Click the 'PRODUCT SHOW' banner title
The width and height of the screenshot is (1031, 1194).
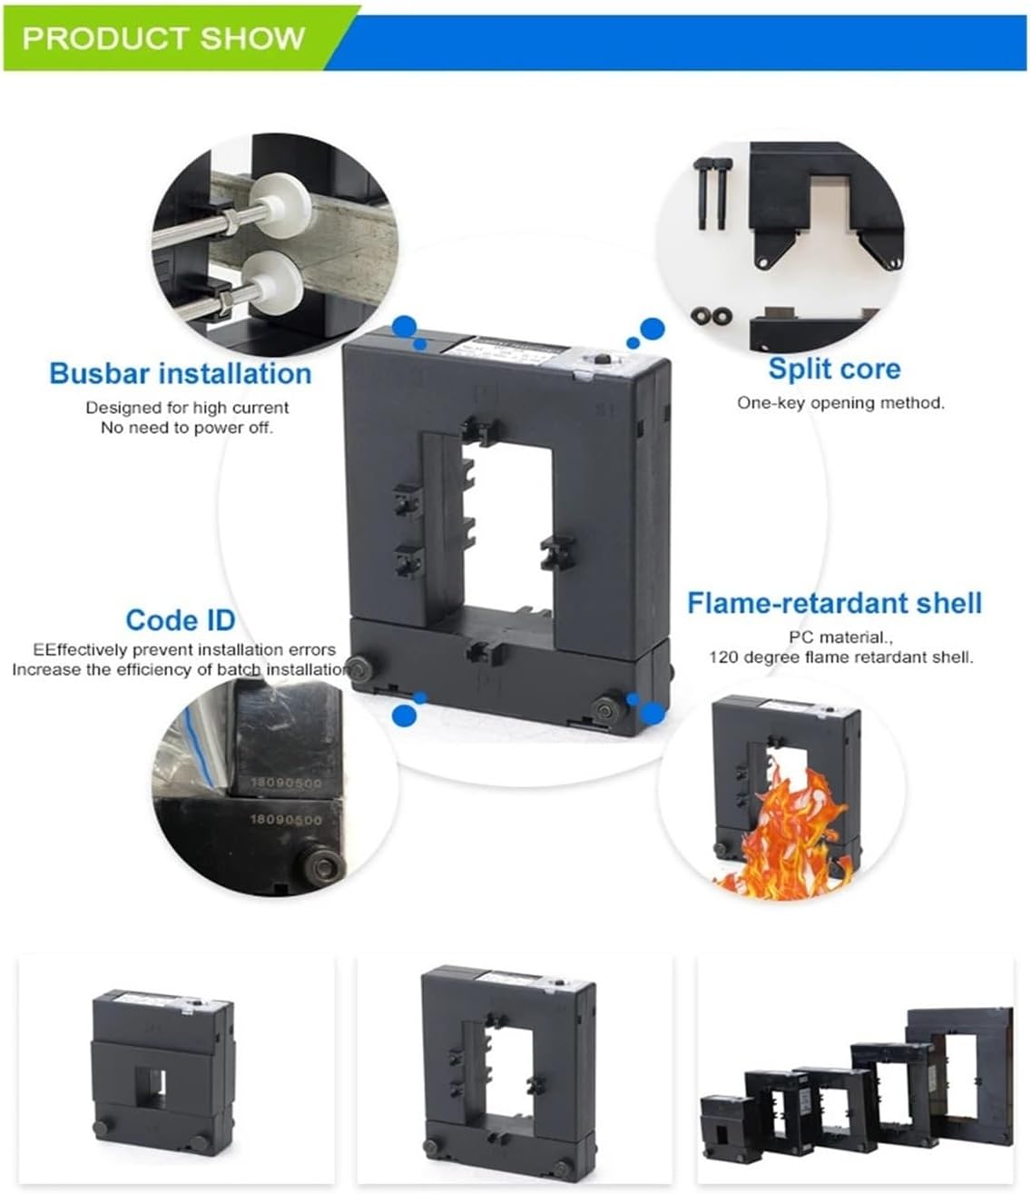point(163,38)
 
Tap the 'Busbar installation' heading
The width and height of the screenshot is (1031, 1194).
point(180,373)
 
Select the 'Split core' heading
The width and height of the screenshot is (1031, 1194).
point(833,369)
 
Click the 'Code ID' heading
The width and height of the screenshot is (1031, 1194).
point(180,620)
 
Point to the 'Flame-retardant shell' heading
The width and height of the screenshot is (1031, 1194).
point(833,603)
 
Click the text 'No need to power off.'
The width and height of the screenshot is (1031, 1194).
point(186,428)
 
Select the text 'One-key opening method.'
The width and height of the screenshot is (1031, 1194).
point(840,402)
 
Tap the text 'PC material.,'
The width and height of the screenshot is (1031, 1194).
point(833,638)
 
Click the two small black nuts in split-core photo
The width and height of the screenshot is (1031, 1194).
point(711,315)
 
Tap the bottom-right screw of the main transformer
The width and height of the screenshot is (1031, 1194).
point(609,708)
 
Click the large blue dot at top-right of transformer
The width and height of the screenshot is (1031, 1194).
point(652,328)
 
